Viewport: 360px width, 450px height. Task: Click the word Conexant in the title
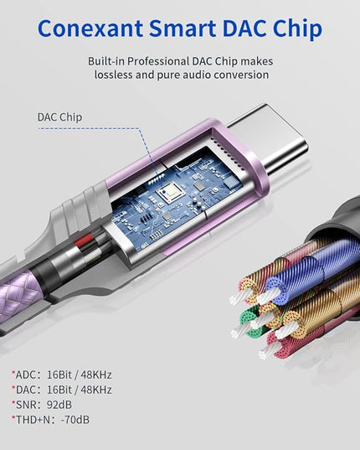point(90,28)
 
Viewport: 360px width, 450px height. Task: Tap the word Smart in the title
point(183,28)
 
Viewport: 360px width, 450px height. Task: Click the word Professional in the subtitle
point(158,61)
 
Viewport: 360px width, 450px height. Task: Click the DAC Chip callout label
point(60,117)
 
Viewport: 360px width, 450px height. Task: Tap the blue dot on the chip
point(163,191)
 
